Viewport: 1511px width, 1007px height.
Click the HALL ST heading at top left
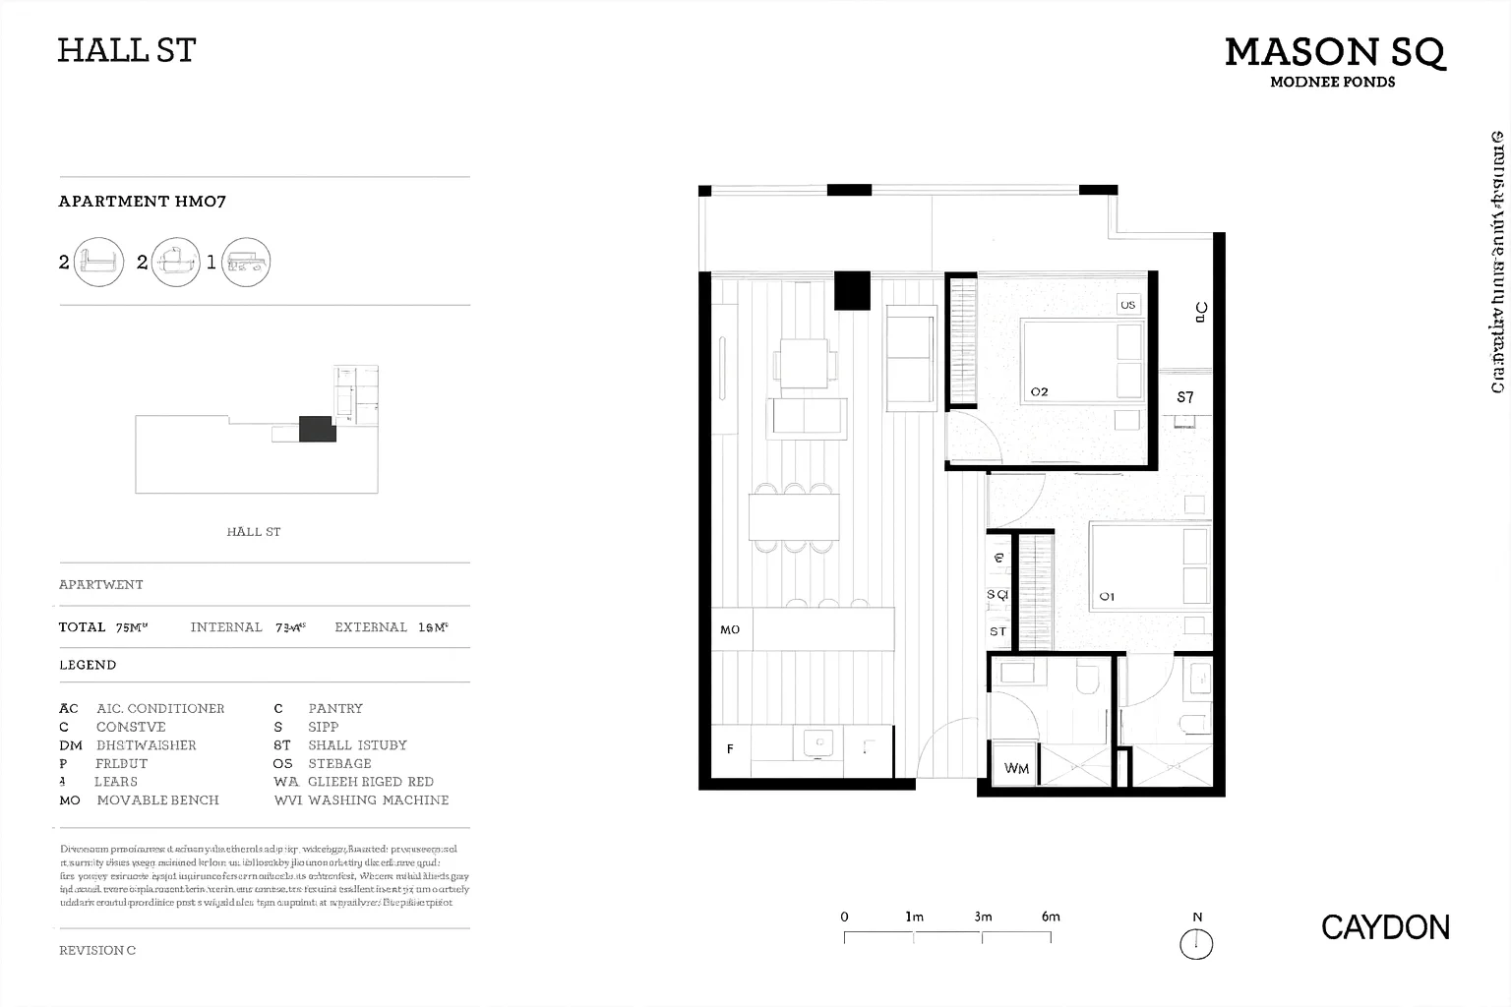click(127, 50)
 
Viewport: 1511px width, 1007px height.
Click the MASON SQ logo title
click(1334, 52)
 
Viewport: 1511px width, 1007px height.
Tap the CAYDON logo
click(1385, 927)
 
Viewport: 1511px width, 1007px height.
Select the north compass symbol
click(1196, 944)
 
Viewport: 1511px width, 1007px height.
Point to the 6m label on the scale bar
click(1051, 917)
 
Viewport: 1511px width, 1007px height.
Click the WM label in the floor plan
click(1016, 768)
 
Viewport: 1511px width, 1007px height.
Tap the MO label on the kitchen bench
click(730, 629)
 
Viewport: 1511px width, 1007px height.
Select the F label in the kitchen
click(730, 748)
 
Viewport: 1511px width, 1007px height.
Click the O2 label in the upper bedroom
click(1039, 391)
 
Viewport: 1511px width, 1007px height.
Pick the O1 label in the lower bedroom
click(1107, 596)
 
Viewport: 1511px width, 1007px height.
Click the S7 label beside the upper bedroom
click(1185, 397)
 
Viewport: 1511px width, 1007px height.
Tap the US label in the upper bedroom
click(1127, 305)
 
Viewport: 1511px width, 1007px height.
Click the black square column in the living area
click(852, 291)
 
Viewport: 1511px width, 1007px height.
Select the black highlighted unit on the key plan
click(317, 429)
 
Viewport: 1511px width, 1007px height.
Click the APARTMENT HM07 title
click(143, 202)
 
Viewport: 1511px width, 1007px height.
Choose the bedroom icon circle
click(98, 263)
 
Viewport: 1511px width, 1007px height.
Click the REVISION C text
click(97, 950)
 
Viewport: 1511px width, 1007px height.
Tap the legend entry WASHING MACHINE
click(378, 800)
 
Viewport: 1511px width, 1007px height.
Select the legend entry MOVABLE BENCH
click(157, 800)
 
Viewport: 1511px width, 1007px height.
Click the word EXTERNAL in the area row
click(371, 627)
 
